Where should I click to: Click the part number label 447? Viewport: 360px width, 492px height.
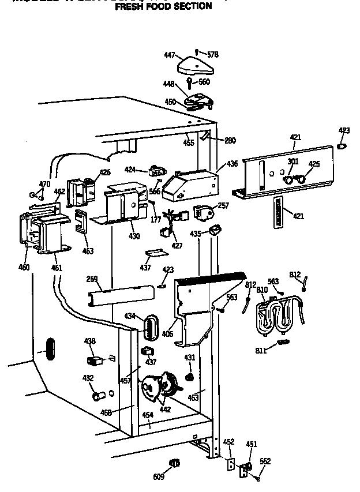(x=170, y=55)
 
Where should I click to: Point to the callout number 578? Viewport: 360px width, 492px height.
(x=213, y=55)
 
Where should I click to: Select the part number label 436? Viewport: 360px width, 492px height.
(x=232, y=164)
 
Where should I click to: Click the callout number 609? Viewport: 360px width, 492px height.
(x=158, y=476)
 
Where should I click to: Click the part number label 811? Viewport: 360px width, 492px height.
(x=261, y=351)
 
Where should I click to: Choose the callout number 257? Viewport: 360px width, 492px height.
(x=223, y=206)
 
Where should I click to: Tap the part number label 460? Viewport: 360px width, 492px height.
(x=24, y=268)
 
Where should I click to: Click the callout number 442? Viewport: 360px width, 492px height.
(x=165, y=409)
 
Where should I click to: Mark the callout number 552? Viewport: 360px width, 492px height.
(x=265, y=461)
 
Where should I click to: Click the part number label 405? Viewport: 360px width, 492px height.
(x=168, y=333)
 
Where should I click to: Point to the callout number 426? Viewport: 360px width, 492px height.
(x=104, y=172)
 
